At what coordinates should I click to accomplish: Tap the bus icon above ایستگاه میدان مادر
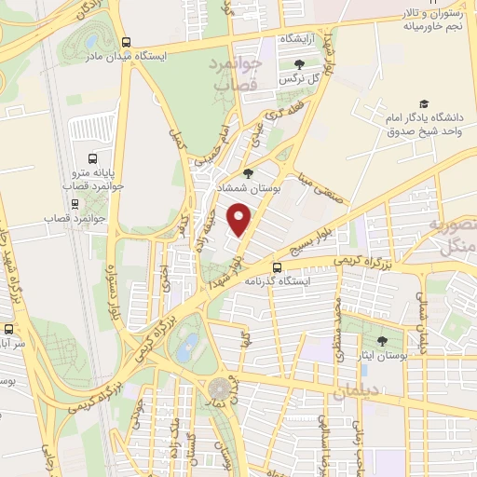pyautogui.click(x=127, y=42)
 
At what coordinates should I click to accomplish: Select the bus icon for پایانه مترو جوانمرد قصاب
pyautogui.click(x=92, y=159)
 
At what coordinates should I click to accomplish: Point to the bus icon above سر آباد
pyautogui.click(x=9, y=329)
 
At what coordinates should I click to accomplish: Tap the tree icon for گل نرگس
pyautogui.click(x=299, y=64)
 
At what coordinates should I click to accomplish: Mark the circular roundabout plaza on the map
pyautogui.click(x=221, y=386)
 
